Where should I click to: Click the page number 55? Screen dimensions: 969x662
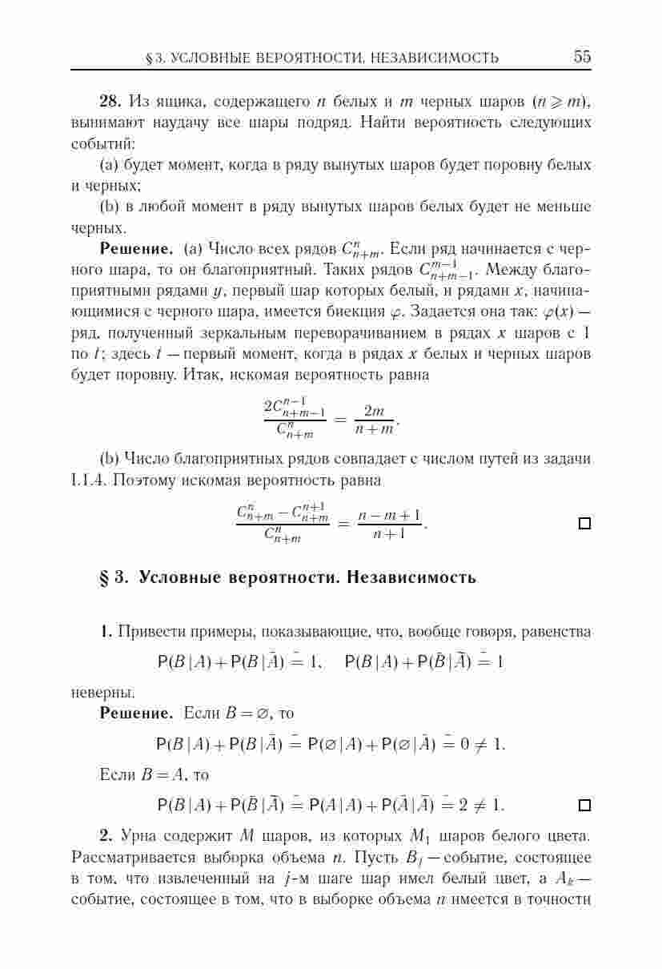coord(582,57)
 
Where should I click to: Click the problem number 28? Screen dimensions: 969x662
coord(110,102)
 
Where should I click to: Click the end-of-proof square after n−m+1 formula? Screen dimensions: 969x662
coord(584,524)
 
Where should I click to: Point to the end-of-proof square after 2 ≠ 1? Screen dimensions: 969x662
coord(584,804)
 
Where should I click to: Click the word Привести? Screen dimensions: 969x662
coord(151,633)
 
